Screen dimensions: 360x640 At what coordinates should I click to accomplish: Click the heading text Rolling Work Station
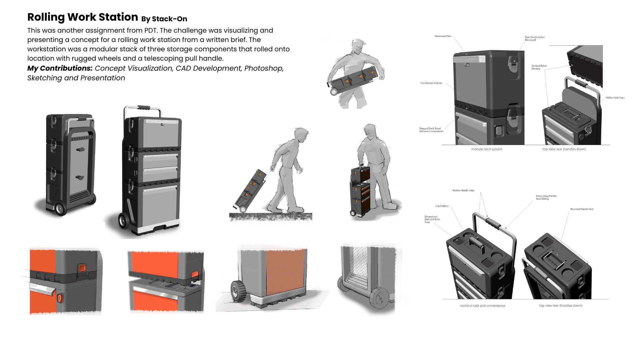click(x=82, y=17)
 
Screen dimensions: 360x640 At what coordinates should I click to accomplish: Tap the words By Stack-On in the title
click(x=164, y=19)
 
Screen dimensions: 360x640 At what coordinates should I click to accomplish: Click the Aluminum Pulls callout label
click(x=443, y=36)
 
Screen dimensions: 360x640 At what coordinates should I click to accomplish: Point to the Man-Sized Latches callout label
click(x=534, y=38)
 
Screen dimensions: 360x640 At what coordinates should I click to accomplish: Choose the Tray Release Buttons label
click(x=431, y=83)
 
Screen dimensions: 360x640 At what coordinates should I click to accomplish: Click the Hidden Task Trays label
click(x=615, y=98)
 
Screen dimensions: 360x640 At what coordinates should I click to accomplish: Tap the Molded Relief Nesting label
click(x=539, y=67)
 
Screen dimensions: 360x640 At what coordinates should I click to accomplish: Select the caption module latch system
click(x=486, y=149)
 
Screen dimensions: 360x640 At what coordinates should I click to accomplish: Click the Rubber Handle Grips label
click(x=463, y=190)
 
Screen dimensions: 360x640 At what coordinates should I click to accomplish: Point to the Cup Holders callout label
click(x=442, y=206)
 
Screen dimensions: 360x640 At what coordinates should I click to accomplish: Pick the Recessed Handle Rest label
click(x=582, y=209)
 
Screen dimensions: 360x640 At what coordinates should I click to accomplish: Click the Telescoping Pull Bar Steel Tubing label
click(x=546, y=197)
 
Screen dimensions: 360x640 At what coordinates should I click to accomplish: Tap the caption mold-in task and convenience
click(x=482, y=306)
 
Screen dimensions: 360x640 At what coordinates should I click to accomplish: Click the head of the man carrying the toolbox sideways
click(x=357, y=47)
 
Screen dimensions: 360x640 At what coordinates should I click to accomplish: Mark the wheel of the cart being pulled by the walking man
click(x=243, y=209)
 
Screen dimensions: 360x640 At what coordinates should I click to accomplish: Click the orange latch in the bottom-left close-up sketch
click(x=82, y=268)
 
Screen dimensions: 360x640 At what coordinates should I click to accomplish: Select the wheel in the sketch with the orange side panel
click(x=238, y=291)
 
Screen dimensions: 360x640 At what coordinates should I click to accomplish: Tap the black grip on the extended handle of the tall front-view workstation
click(x=144, y=108)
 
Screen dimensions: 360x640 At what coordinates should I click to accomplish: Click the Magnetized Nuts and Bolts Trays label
click(x=432, y=219)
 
